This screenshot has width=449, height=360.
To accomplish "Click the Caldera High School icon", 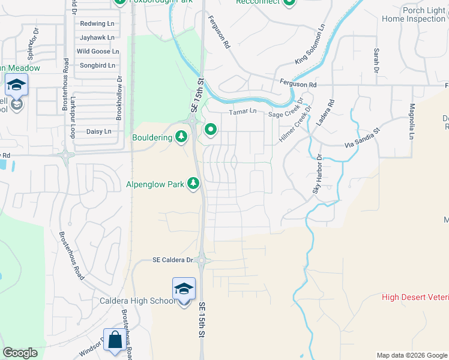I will (184, 288).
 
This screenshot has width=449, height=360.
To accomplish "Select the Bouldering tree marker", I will (181, 137).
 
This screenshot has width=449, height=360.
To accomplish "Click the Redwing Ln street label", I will (93, 24).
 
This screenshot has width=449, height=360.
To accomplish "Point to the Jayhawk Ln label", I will (93, 37).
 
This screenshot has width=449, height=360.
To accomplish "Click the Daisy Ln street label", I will (99, 131).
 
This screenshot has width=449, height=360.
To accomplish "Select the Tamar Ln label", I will (243, 112).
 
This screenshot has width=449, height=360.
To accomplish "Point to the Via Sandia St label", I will (363, 138).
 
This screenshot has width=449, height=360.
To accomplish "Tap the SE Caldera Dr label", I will (172, 260).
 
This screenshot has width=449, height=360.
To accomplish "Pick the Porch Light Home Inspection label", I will (414, 14).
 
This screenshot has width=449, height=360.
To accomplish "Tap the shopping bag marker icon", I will (114, 340).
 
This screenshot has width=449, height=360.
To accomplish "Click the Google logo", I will (20, 353).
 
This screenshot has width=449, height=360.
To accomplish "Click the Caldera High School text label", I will (137, 301).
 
